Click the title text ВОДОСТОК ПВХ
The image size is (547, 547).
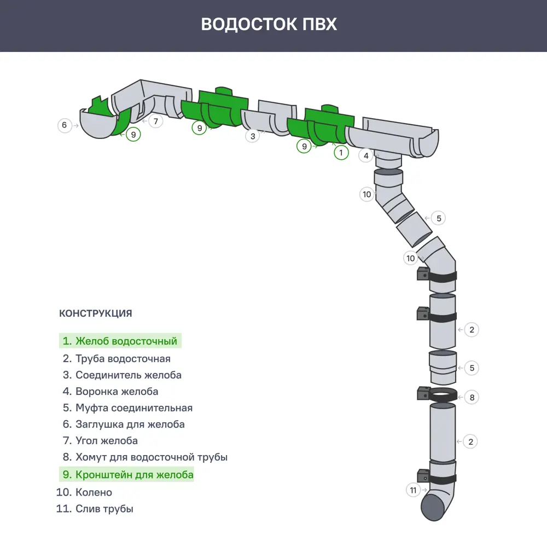click(269, 25)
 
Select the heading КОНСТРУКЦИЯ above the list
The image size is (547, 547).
click(95, 313)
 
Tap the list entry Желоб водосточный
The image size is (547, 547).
click(120, 341)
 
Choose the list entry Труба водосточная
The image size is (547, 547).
click(117, 359)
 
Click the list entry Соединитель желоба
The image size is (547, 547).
click(122, 375)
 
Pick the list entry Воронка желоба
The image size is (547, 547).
click(110, 392)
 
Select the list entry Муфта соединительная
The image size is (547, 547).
click(127, 408)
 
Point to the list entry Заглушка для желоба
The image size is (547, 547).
click(124, 424)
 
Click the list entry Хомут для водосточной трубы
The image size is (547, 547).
click(145, 457)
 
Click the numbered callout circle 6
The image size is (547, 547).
click(65, 125)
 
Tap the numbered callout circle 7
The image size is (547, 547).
click(156, 121)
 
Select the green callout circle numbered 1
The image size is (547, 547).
click(341, 153)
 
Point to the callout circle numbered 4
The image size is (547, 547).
click(366, 155)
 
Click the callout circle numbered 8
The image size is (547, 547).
click(472, 398)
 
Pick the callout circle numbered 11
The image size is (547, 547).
click(414, 490)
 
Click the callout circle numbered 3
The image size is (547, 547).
click(252, 136)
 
